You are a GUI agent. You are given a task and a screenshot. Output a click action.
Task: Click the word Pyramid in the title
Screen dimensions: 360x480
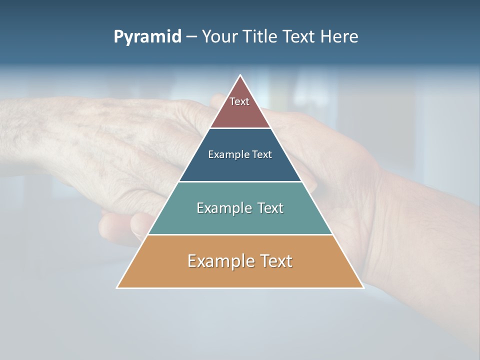pos(147,37)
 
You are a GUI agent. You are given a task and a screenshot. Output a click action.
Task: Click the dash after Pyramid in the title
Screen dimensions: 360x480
pos(191,37)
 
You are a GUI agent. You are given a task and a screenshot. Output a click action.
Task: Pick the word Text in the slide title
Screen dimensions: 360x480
pos(299,36)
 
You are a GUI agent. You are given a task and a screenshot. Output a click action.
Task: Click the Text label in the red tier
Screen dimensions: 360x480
pos(239,101)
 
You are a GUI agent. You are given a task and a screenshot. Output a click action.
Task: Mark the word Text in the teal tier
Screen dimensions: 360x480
pos(270,208)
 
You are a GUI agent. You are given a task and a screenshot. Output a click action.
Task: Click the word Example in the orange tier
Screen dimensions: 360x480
pos(220,261)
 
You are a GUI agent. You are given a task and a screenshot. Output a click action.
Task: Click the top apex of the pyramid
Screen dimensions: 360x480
pos(240,75)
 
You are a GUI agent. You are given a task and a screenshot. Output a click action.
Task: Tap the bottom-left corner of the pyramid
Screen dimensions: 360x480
pos(117,287)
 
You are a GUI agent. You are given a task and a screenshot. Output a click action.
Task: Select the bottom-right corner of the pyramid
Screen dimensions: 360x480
pos(363,287)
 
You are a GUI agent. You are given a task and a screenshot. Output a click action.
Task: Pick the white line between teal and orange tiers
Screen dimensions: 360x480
pos(240,234)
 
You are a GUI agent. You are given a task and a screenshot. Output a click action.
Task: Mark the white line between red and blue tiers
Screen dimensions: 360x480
pos(240,128)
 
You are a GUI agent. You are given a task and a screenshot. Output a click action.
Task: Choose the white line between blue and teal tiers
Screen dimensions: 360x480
pos(240,181)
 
